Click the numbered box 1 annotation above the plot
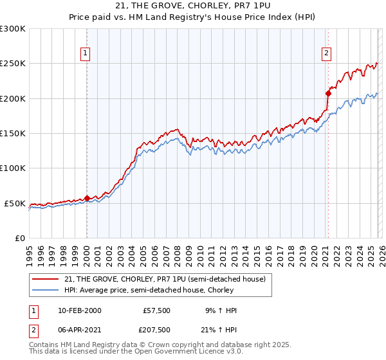86,53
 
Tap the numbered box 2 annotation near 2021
327,53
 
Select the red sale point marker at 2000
87,198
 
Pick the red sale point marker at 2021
327,93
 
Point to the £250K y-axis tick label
13,64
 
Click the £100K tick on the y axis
13,168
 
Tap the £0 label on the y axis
19,238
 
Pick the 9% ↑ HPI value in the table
221,310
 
